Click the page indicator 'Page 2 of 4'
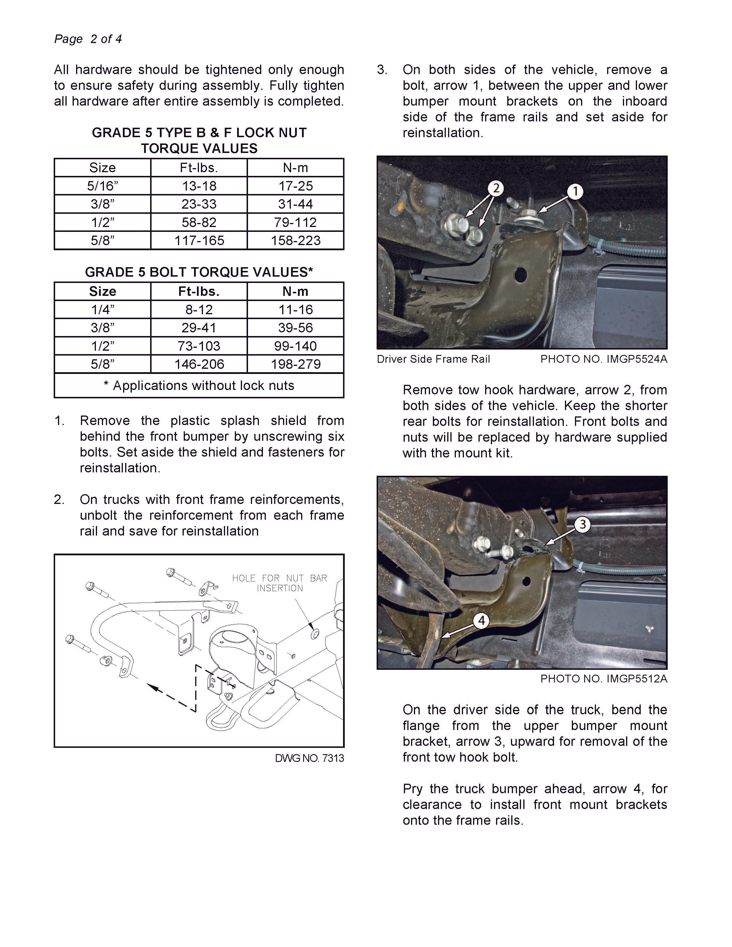click(88, 39)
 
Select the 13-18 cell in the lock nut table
click(199, 186)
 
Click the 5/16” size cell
click(102, 186)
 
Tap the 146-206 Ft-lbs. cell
click(199, 364)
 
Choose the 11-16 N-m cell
click(295, 310)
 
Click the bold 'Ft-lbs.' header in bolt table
click(199, 291)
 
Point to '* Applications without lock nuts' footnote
click(199, 385)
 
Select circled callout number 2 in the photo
click(496, 188)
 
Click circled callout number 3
click(582, 524)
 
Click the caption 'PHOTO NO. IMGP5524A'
click(604, 359)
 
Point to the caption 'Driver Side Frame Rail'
click(433, 359)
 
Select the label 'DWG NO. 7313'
click(309, 758)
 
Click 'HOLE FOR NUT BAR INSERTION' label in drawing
click(279, 583)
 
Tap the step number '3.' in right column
click(382, 70)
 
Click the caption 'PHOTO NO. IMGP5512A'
click(604, 679)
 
